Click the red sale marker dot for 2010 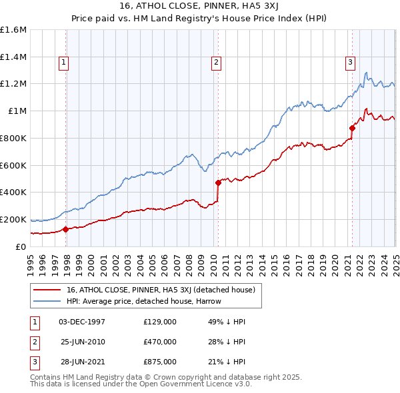click(x=218, y=182)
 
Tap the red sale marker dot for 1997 click(x=65, y=229)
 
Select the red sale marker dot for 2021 click(x=352, y=128)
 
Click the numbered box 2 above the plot click(x=217, y=63)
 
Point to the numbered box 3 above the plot click(x=350, y=63)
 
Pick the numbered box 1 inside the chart click(x=63, y=63)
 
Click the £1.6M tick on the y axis click(x=13, y=30)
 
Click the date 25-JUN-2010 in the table click(x=83, y=342)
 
